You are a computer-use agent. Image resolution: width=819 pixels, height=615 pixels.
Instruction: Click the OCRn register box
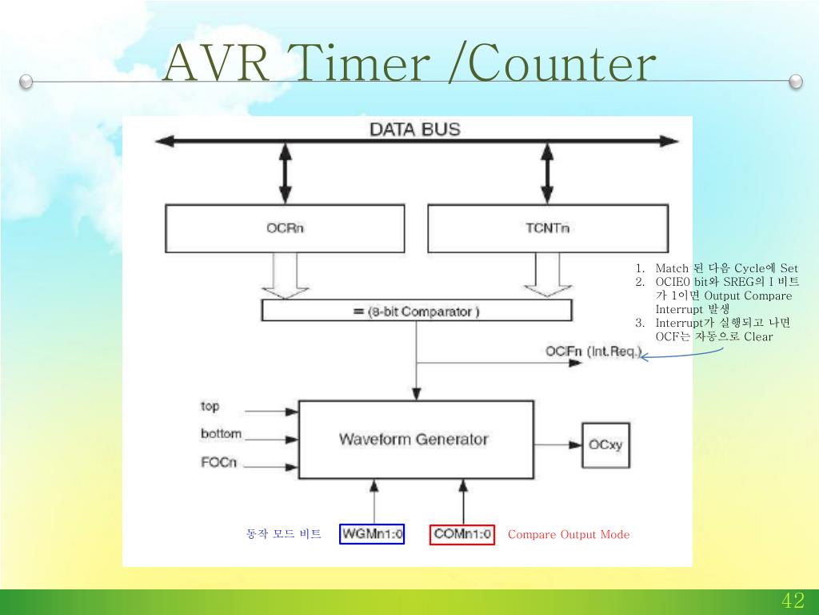[285, 228]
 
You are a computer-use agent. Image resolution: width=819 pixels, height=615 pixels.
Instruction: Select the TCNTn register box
[548, 228]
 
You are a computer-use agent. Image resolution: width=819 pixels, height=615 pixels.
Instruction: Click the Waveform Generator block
[414, 439]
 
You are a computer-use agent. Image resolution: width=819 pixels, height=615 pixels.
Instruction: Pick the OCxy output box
[605, 445]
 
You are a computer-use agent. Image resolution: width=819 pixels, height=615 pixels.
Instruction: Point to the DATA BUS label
[414, 129]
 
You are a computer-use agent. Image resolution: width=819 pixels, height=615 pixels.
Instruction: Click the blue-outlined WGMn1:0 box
[373, 534]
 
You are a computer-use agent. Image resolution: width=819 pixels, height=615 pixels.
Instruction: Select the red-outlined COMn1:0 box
[463, 534]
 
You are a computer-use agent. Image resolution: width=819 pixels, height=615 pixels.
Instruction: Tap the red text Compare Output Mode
[569, 535]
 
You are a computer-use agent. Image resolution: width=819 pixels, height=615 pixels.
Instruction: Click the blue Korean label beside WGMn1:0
[284, 534]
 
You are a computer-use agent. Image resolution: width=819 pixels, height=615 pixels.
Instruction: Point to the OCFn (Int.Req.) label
[593, 352]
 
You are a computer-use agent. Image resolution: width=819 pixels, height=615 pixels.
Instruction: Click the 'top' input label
[210, 407]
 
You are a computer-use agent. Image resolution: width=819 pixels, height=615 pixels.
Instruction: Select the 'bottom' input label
[221, 434]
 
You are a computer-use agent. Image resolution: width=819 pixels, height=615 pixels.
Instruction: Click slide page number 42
[793, 601]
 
